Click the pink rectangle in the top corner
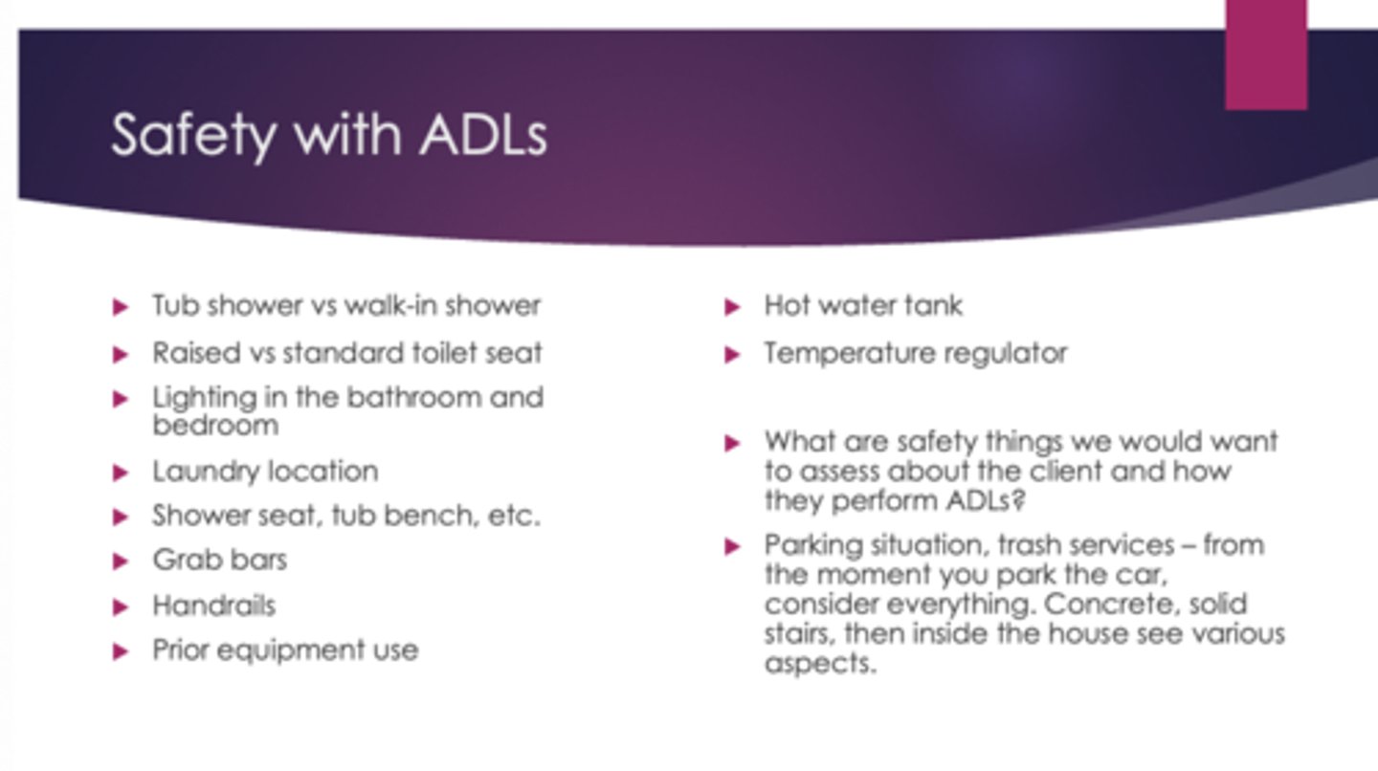point(1265,54)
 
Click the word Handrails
point(213,606)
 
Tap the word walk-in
point(397,306)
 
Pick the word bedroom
point(215,426)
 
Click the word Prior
point(180,650)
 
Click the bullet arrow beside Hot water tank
point(733,307)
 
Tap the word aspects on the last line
point(819,664)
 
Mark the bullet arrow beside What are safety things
point(733,443)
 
